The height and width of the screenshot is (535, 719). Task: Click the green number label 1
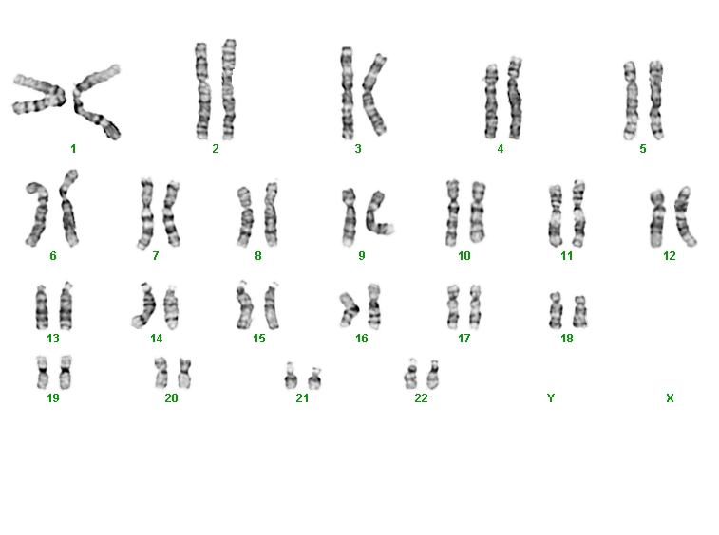point(73,148)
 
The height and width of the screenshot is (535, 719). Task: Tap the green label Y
point(551,398)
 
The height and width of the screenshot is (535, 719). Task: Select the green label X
point(670,398)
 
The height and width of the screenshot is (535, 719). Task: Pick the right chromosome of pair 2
point(228,89)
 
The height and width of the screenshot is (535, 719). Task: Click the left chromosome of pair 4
point(491,101)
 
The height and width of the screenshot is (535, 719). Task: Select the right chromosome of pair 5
point(656,100)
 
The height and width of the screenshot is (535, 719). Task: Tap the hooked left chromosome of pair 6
point(40,215)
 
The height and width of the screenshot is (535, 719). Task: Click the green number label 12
point(669,255)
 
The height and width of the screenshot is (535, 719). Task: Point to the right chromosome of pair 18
point(580,311)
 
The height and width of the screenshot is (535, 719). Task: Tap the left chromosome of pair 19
point(42,372)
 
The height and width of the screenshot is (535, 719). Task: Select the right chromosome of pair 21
point(314,378)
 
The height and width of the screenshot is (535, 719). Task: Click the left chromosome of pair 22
point(411,375)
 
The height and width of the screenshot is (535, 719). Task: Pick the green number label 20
point(171,398)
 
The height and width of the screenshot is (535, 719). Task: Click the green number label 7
point(156,255)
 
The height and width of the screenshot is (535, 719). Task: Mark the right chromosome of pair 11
point(578,213)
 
